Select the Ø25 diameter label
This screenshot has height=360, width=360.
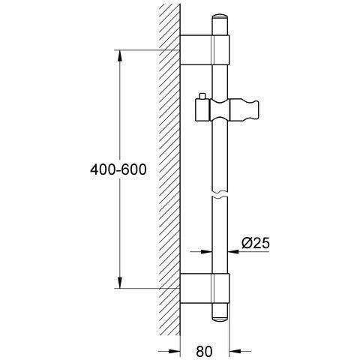256,243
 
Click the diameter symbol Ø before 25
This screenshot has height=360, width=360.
247,243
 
